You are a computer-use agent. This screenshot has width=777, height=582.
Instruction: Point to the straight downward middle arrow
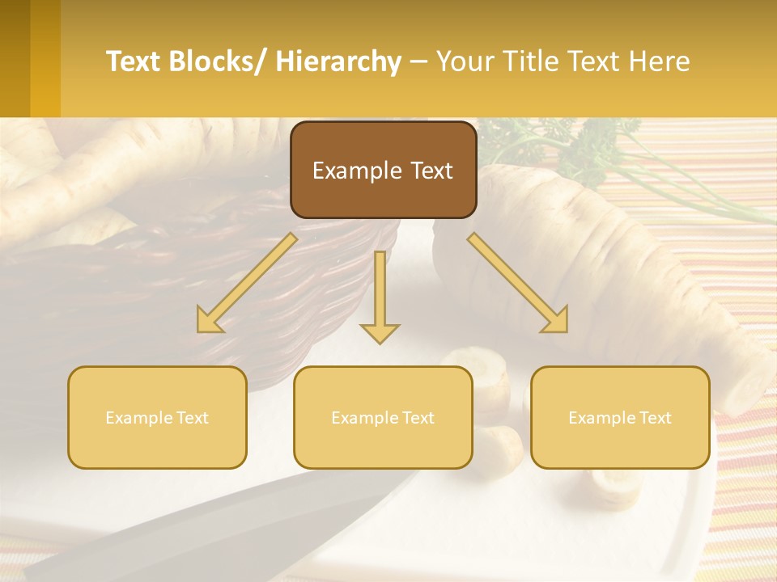click(380, 296)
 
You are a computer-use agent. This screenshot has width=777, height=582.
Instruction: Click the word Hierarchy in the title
click(338, 61)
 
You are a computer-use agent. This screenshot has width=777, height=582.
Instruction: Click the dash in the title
click(418, 62)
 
